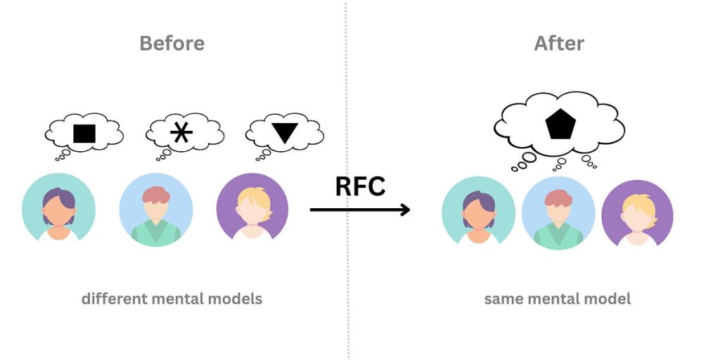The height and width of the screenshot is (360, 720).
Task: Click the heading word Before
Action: coord(172,43)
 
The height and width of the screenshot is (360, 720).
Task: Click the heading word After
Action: coord(559,43)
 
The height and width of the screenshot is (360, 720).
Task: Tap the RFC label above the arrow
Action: coord(360,186)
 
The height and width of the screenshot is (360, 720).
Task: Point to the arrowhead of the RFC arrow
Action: coord(405,209)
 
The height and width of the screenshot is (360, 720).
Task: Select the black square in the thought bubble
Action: coord(84,133)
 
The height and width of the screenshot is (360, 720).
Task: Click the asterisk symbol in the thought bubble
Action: coord(181,132)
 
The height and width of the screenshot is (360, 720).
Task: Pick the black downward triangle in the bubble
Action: coord(283,133)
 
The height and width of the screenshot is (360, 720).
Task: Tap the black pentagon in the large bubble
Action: coord(560,125)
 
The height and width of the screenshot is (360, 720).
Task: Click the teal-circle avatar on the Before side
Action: coord(58,209)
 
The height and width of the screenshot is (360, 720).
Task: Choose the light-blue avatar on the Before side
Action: coord(155,209)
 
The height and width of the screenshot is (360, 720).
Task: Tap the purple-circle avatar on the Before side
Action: coord(252,209)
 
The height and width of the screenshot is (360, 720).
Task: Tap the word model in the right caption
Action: coord(610,299)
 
